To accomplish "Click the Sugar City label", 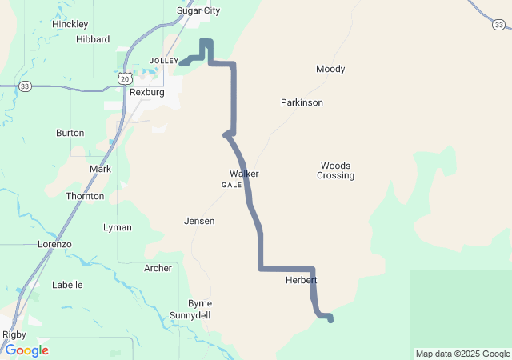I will (x=198, y=11).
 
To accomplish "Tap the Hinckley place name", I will (x=70, y=24).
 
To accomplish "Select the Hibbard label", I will (x=93, y=39).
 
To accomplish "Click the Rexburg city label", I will (x=146, y=93).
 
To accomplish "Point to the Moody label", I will (x=330, y=70).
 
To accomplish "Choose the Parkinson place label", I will (x=302, y=103).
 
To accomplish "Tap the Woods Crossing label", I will (x=335, y=170).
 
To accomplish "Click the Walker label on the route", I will (x=244, y=174).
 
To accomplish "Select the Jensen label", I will (x=199, y=221).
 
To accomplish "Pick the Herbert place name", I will (x=301, y=281).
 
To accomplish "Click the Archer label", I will (x=158, y=268).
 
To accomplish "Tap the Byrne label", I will (x=199, y=303).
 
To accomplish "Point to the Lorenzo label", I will (x=55, y=244).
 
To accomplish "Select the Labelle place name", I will (x=67, y=285).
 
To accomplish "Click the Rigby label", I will (x=14, y=334).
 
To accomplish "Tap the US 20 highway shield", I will (x=123, y=78).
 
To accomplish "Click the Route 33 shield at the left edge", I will (x=26, y=86).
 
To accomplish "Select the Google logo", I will (x=26, y=350).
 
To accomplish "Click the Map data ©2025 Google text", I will (x=462, y=354).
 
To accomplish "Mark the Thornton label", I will (x=85, y=196).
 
